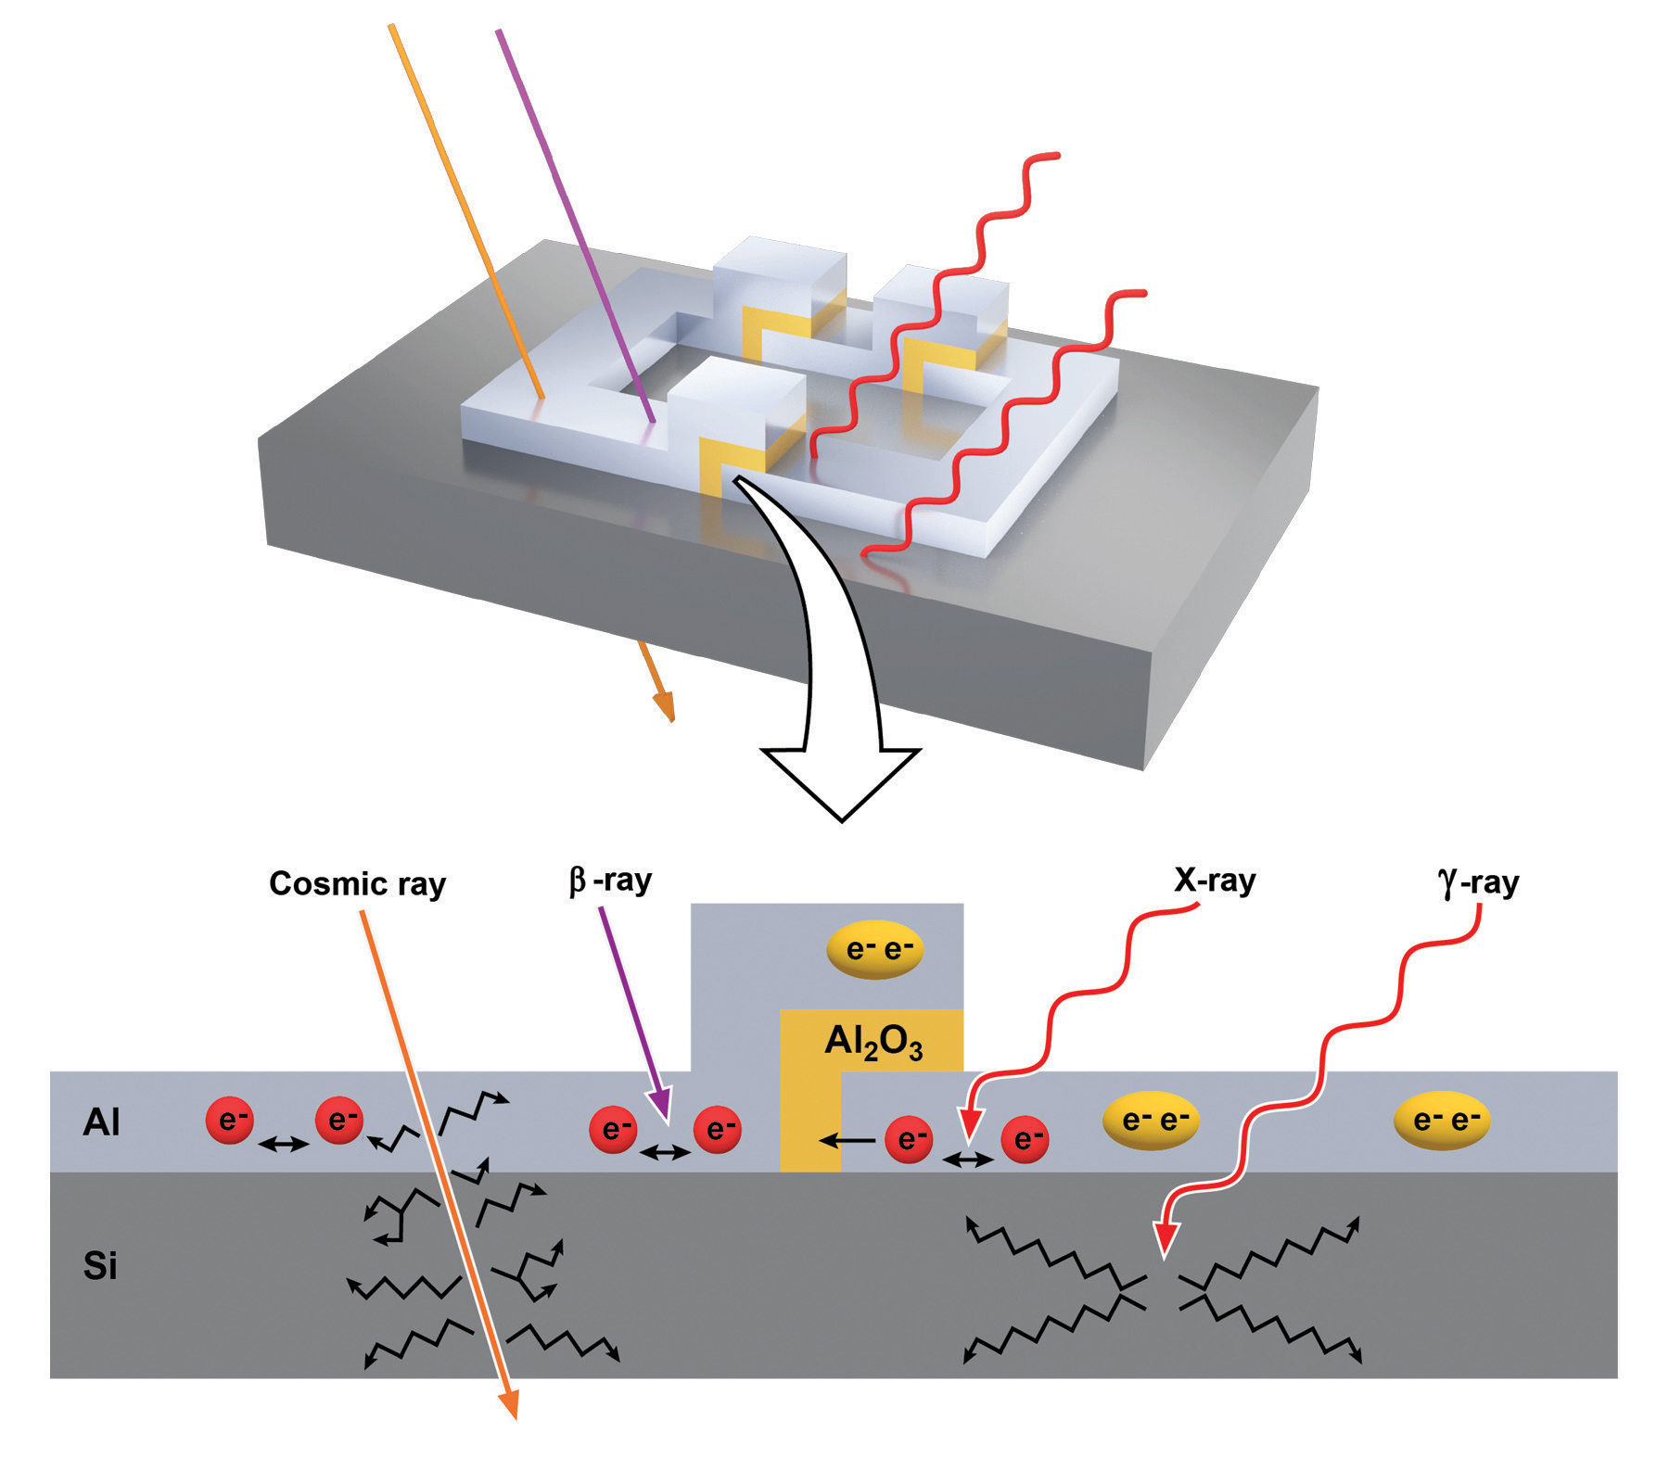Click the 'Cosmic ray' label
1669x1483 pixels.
point(357,883)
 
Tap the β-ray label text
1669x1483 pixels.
point(610,880)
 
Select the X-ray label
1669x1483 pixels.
point(1215,880)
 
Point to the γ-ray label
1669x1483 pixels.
point(1478,882)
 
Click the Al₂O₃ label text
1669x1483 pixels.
point(873,1043)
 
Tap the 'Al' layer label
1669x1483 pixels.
point(101,1122)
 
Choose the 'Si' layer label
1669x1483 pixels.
point(100,1266)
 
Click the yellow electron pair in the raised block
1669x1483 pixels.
point(874,949)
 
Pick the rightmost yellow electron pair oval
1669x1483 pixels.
point(1442,1121)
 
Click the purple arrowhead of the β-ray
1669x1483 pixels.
point(661,1106)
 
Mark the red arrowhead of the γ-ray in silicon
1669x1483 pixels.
point(1166,1239)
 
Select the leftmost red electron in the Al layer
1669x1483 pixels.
point(230,1120)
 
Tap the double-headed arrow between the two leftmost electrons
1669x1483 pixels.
point(284,1145)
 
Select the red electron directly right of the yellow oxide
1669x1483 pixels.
point(909,1139)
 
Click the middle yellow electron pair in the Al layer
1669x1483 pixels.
point(1151,1121)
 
